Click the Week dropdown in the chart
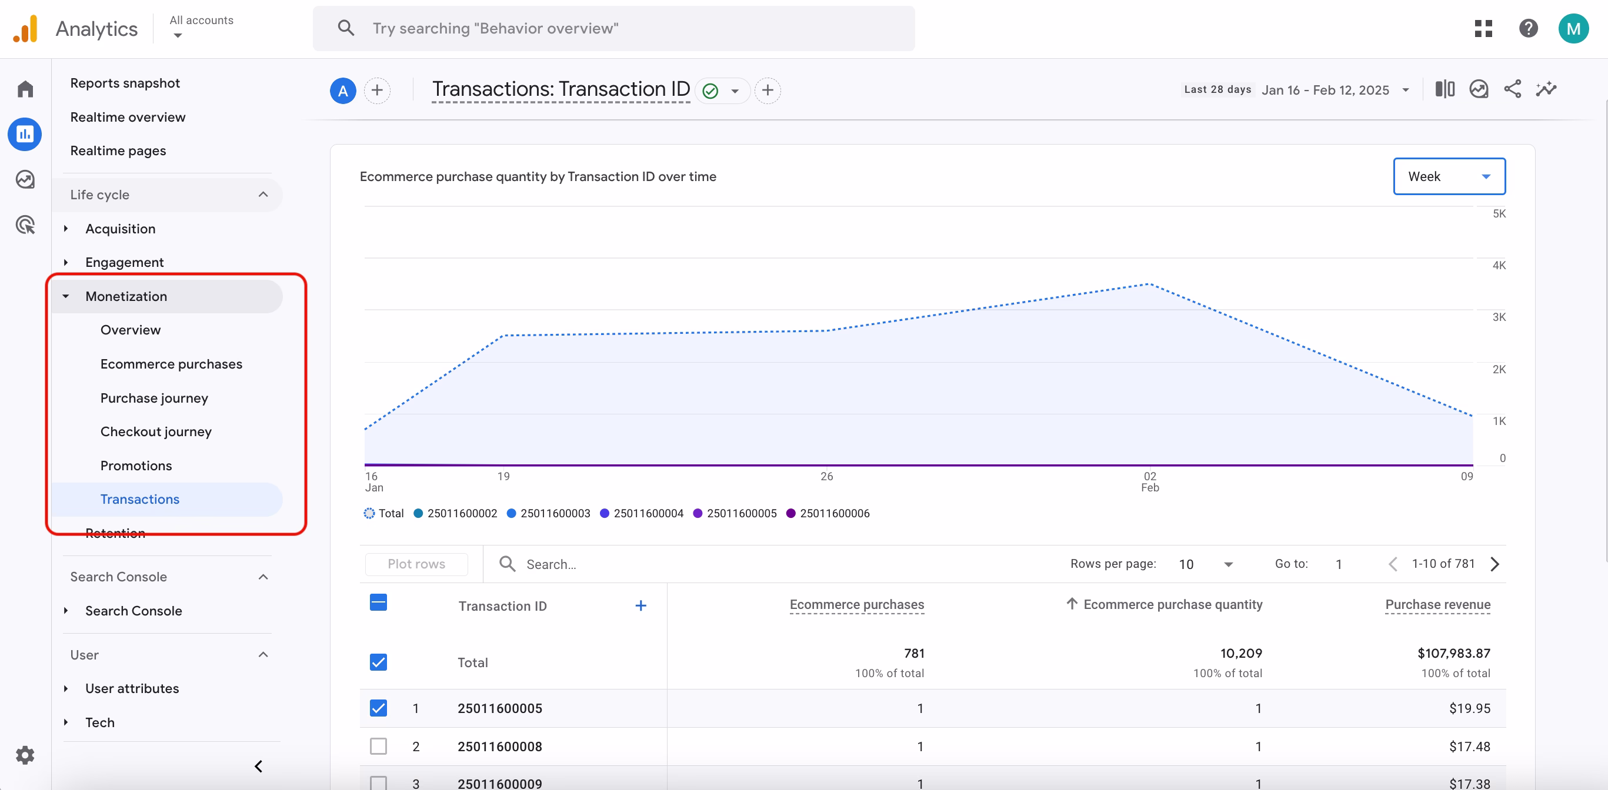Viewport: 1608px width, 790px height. [x=1448, y=176]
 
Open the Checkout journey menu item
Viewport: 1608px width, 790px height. [x=156, y=432]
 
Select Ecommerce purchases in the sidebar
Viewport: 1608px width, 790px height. [x=171, y=364]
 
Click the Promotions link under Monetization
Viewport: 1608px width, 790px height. [x=136, y=466]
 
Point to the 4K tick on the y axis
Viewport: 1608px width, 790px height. [x=1498, y=265]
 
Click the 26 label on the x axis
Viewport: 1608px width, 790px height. [x=826, y=477]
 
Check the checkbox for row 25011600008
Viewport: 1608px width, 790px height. [x=378, y=747]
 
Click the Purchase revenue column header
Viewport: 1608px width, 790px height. [x=1437, y=605]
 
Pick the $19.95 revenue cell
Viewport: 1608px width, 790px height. [x=1469, y=708]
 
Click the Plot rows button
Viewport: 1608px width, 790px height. [x=416, y=564]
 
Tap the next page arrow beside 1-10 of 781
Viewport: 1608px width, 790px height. [x=1495, y=564]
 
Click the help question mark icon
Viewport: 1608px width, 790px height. [x=1528, y=29]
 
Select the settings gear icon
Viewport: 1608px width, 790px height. [x=25, y=755]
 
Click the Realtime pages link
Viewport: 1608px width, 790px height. [x=118, y=151]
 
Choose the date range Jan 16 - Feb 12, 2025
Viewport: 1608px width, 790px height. [x=1325, y=90]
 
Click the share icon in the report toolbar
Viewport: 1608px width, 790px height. [x=1512, y=89]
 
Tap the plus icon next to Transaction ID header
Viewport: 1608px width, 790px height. [x=640, y=606]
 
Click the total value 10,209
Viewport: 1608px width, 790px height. [x=1240, y=654]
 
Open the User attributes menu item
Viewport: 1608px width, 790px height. [x=132, y=688]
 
